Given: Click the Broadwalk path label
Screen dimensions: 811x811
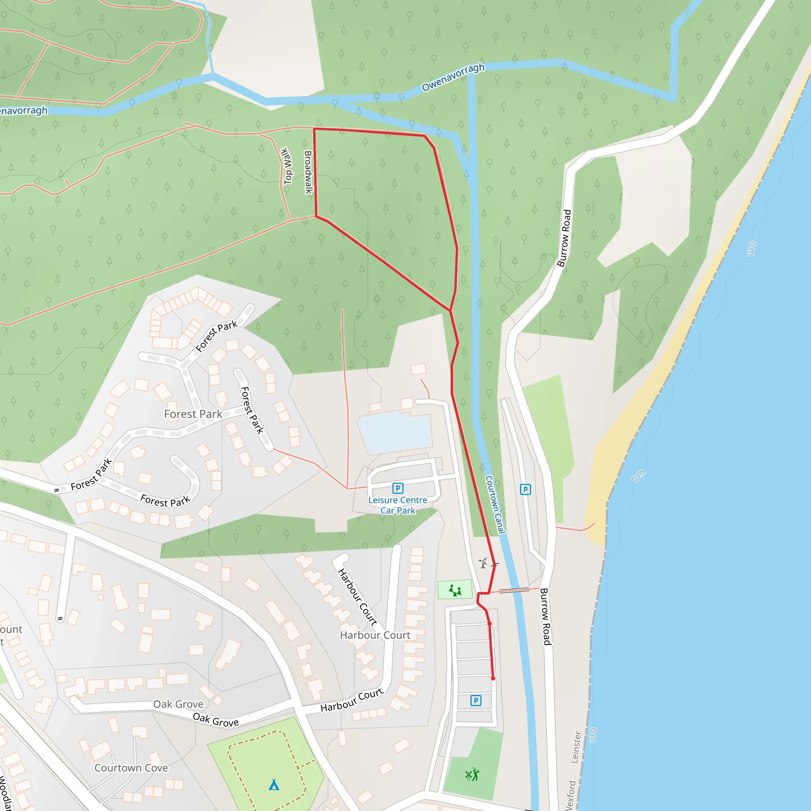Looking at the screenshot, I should pyautogui.click(x=308, y=172).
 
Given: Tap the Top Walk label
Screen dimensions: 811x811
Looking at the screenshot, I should pyautogui.click(x=287, y=166).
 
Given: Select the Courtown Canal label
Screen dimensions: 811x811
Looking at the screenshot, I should pyautogui.click(x=495, y=504).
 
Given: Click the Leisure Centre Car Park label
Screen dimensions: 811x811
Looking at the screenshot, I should pyautogui.click(x=398, y=505).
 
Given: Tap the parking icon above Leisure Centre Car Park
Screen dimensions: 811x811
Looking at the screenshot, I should pyautogui.click(x=398, y=488).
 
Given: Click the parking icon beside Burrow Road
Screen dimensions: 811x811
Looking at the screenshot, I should pyautogui.click(x=525, y=489).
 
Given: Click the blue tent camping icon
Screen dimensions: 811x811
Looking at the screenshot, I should pyautogui.click(x=274, y=784).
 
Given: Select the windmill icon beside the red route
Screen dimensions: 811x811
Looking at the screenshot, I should pyautogui.click(x=483, y=563).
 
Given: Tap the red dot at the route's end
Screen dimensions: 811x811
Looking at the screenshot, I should pyautogui.click(x=493, y=678).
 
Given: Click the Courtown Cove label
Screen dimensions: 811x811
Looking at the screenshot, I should pyautogui.click(x=131, y=768).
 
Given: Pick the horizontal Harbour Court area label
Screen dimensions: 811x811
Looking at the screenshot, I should pyautogui.click(x=375, y=635).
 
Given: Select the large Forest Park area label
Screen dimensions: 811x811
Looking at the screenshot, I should pyautogui.click(x=193, y=414).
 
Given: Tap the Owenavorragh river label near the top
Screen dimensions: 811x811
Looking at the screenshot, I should pyautogui.click(x=453, y=77).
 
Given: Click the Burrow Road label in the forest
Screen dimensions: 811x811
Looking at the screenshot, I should pyautogui.click(x=564, y=238).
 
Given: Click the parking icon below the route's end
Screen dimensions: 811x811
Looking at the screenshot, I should pyautogui.click(x=476, y=701).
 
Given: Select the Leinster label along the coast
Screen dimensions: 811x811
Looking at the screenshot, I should pyautogui.click(x=576, y=747).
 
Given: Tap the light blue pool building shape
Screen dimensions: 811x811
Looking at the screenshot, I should pyautogui.click(x=394, y=432).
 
